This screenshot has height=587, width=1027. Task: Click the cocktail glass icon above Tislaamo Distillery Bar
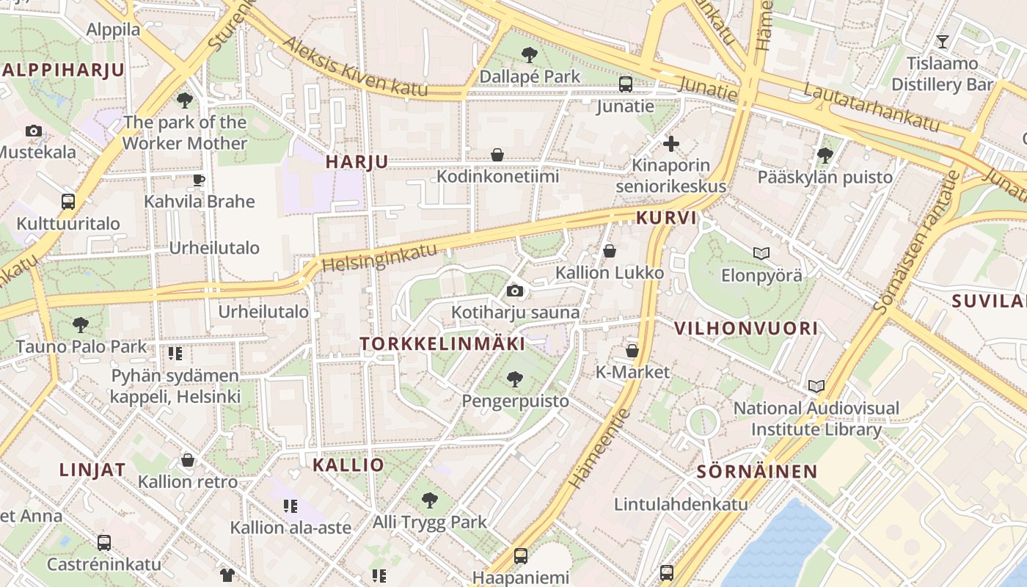click(x=943, y=42)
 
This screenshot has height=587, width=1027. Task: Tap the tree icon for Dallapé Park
click(x=529, y=54)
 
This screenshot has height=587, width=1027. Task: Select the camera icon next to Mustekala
click(x=33, y=131)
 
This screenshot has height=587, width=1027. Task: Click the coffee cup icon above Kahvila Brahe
click(x=199, y=180)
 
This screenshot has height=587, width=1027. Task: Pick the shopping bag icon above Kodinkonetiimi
click(x=497, y=155)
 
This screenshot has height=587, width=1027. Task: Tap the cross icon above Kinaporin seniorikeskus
click(x=670, y=144)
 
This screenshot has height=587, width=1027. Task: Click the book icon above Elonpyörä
click(x=761, y=253)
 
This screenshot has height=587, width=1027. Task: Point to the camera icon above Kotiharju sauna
click(x=515, y=291)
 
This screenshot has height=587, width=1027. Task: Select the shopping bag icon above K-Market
click(x=632, y=351)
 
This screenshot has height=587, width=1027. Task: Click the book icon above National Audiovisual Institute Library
click(x=816, y=386)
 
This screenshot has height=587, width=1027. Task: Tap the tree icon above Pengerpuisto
click(x=515, y=379)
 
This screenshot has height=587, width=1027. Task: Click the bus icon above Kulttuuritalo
click(x=68, y=201)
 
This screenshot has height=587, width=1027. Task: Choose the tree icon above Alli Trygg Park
click(x=430, y=500)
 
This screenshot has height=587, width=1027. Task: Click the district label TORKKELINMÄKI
click(x=442, y=343)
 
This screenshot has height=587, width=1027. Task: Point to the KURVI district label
click(x=665, y=218)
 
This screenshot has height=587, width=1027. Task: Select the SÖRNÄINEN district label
click(x=756, y=471)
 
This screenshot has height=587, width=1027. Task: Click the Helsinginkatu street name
click(x=379, y=256)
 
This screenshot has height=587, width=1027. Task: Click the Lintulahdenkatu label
click(x=681, y=504)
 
